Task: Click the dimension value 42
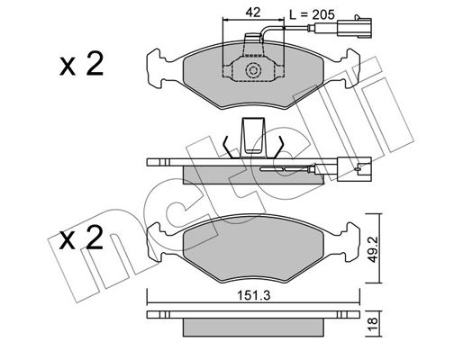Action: (253, 13)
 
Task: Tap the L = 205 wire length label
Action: (312, 14)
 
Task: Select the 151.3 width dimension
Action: (254, 295)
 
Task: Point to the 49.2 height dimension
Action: (373, 249)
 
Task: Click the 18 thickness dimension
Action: (372, 324)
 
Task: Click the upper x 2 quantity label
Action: (82, 64)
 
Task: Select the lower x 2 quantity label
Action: (81, 238)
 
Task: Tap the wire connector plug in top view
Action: (354, 28)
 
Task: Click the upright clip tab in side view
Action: (254, 137)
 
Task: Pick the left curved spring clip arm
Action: (229, 147)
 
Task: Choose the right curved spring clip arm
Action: (278, 147)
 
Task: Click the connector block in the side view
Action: (354, 169)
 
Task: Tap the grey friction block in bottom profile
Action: (253, 328)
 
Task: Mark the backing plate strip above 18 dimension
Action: (253, 314)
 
